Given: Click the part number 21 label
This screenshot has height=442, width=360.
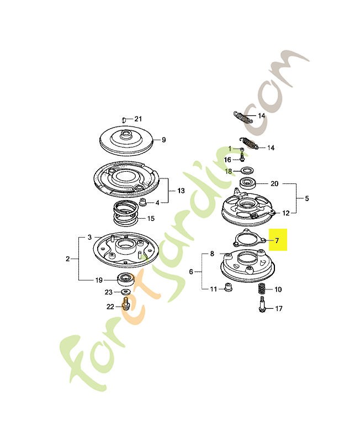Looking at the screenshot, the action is [x=137, y=119].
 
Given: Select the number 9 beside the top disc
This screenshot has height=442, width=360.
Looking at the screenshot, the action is [x=163, y=140].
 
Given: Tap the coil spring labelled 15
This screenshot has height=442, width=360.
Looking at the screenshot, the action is [x=125, y=213].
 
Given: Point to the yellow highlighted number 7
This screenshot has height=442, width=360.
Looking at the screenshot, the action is [x=277, y=240].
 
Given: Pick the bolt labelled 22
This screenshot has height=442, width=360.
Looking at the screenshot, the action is [x=126, y=303].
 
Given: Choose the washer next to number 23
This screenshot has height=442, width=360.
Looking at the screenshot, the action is [x=126, y=292].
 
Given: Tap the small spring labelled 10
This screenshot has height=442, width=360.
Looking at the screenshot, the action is [x=262, y=289].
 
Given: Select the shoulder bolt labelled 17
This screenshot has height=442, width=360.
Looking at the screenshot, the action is [x=262, y=304].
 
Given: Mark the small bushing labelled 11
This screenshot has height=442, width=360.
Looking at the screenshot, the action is [x=228, y=287].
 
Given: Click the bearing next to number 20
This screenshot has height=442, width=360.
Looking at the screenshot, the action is [x=248, y=183].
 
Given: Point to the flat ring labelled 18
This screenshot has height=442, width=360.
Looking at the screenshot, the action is [x=247, y=170].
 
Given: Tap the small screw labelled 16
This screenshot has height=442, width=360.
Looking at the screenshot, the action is [x=242, y=156].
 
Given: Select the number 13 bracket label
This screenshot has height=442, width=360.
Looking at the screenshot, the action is [x=181, y=191].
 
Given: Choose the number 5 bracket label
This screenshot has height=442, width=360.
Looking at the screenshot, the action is [x=307, y=198].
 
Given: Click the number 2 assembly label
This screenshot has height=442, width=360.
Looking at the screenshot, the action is [x=67, y=259].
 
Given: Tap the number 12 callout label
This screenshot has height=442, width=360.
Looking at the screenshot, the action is [x=285, y=213].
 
